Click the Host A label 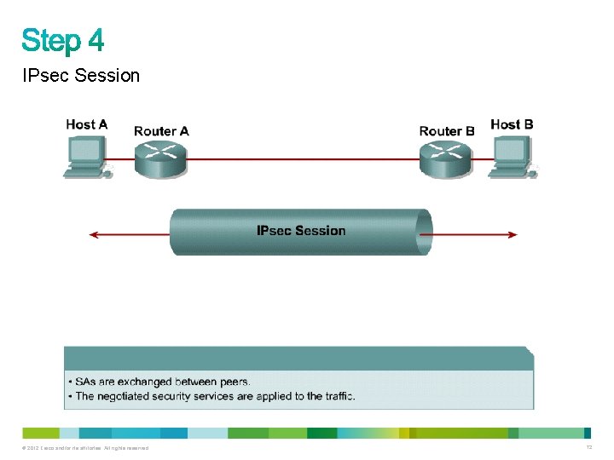pyautogui.click(x=87, y=124)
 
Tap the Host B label pyautogui.click(x=512, y=124)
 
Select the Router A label pyautogui.click(x=161, y=131)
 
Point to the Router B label pyautogui.click(x=447, y=131)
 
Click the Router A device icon pyautogui.click(x=160, y=158)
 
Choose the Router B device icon pyautogui.click(x=445, y=158)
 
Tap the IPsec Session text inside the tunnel pyautogui.click(x=301, y=231)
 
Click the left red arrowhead pyautogui.click(x=94, y=234)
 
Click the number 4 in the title pyautogui.click(x=94, y=40)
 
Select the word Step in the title pyautogui.click(x=49, y=41)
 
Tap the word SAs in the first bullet pyautogui.click(x=86, y=382)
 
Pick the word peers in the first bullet pyautogui.click(x=232, y=382)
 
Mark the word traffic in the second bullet pyautogui.click(x=337, y=396)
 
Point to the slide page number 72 pyautogui.click(x=588, y=447)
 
